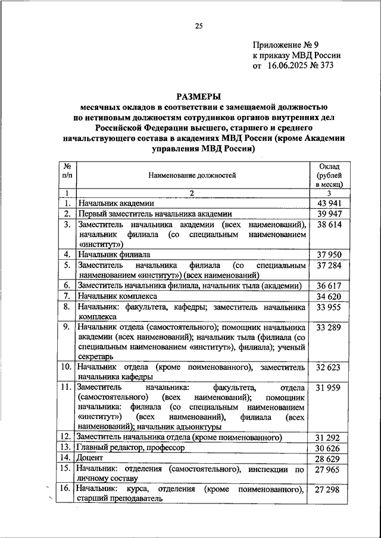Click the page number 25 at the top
pos(199,26)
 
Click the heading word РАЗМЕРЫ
pos(198,96)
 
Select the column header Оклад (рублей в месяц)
pos(330,175)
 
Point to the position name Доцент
pos(89,458)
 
